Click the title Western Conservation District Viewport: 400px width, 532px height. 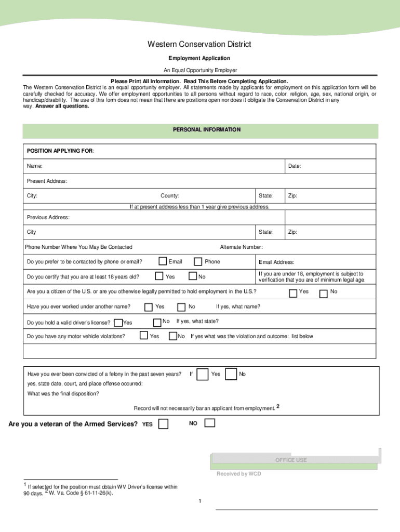(199, 45)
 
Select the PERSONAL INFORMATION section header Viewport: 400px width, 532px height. (206, 129)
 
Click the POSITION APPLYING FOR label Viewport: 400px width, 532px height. (60, 151)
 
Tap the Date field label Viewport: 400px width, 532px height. (295, 166)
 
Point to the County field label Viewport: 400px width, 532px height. (170, 196)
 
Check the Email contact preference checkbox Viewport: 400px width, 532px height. (163, 261)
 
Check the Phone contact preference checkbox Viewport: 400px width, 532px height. (198, 261)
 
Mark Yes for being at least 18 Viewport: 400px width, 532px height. (159, 276)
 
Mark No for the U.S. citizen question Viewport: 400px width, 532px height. (323, 294)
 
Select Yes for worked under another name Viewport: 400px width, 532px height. (149, 307)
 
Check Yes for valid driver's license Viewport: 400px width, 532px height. (118, 323)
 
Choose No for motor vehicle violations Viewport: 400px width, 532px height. (173, 337)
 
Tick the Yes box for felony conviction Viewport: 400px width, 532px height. (204, 374)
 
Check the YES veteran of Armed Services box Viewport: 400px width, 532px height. (163, 424)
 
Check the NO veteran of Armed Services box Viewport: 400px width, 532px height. (209, 423)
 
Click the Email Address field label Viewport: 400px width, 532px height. (276, 262)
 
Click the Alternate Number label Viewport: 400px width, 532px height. (241, 247)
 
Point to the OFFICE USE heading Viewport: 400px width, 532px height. (291, 460)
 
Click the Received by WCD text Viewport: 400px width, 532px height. (238, 474)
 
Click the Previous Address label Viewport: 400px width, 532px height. (48, 217)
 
